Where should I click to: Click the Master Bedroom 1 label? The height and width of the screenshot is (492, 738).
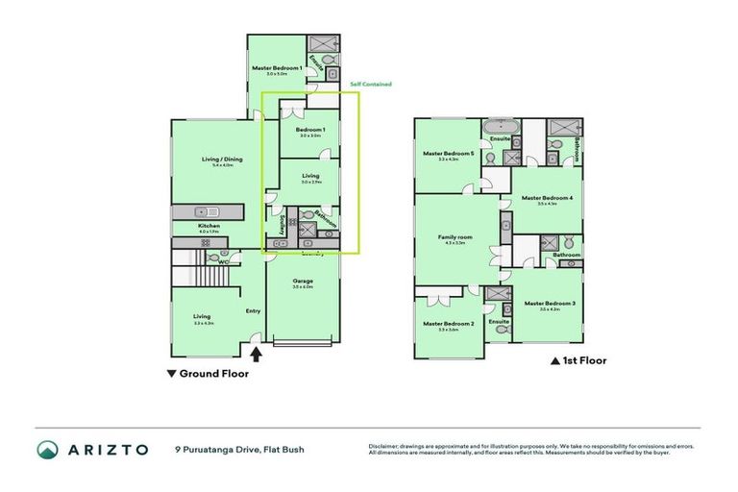point(277,68)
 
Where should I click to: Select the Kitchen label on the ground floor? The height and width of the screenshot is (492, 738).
point(209,226)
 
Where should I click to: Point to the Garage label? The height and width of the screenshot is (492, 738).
point(303,280)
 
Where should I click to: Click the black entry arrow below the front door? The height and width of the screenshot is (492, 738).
point(257,354)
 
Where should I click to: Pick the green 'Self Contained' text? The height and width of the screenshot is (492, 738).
point(370,85)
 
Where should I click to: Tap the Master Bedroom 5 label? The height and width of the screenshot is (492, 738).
point(449,154)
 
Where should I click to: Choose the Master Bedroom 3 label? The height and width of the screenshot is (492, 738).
point(550,304)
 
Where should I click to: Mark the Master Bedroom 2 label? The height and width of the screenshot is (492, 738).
point(448,324)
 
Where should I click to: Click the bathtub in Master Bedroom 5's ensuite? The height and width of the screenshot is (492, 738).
point(501,127)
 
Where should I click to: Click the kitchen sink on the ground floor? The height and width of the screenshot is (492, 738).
point(201,211)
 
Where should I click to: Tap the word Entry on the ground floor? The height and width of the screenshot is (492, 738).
point(253,310)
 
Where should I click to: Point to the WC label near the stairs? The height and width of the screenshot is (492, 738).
point(222,261)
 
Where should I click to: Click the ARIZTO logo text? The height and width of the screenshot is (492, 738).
point(105,449)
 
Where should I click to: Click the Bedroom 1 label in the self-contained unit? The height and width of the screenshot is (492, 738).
point(310,130)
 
